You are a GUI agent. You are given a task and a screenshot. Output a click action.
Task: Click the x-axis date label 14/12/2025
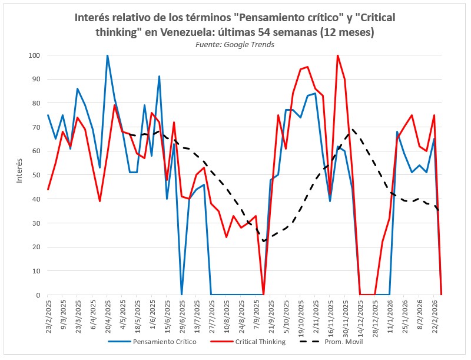click(360, 316)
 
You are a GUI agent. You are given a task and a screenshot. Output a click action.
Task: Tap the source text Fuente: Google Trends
click(235, 44)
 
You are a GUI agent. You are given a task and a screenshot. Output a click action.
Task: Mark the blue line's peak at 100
click(107, 55)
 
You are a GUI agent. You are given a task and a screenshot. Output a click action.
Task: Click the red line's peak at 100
click(337, 55)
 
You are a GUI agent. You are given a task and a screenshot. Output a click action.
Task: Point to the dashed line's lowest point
click(264, 241)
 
